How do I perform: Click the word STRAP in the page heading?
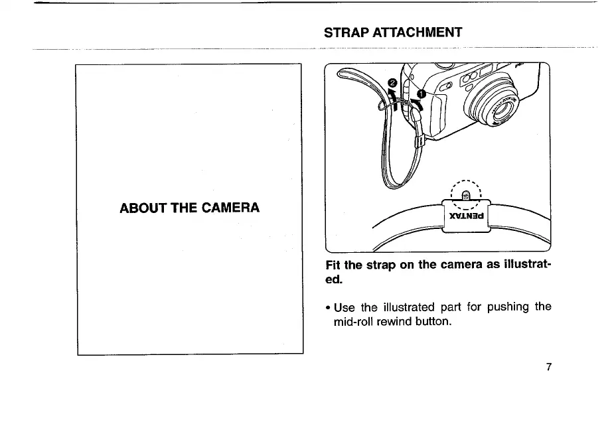coord(343,33)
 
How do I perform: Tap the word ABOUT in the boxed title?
coord(141,208)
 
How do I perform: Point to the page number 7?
coord(548,367)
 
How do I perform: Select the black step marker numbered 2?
coord(392,83)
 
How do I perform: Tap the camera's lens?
coord(498,106)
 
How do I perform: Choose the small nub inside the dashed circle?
coord(466,195)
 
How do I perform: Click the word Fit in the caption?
coord(333,265)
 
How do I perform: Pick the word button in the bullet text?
coord(432,322)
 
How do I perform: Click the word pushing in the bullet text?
coord(509,307)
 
